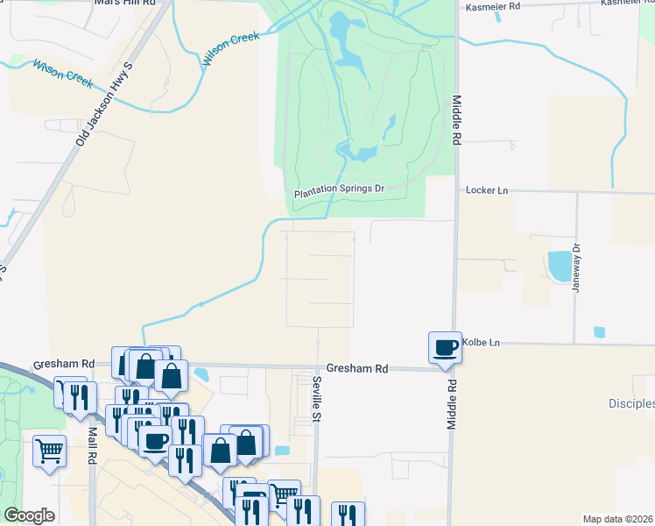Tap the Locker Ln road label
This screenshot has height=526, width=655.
tap(488, 189)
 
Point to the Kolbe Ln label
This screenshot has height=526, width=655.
tap(482, 342)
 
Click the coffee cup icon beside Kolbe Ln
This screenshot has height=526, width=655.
tap(445, 346)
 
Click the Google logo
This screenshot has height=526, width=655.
tap(30, 515)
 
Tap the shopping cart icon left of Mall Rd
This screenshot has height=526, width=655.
tap(50, 451)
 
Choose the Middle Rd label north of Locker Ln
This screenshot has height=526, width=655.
tap(456, 120)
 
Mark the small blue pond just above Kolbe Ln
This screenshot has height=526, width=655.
tap(599, 332)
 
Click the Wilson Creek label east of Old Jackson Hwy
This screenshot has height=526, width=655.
tap(232, 50)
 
